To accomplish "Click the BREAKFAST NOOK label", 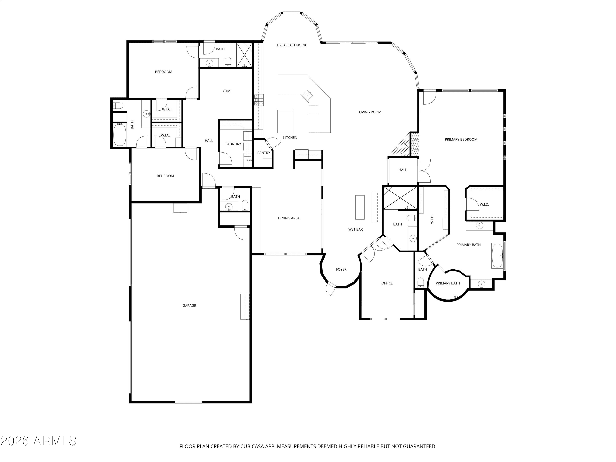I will click(292, 45).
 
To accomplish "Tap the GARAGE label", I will click(189, 306).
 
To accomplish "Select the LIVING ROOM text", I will click(370, 112).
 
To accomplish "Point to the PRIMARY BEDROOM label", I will click(461, 139).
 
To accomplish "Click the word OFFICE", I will click(387, 283).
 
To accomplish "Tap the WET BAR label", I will click(355, 230).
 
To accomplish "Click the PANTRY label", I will click(263, 153).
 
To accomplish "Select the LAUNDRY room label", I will click(233, 144).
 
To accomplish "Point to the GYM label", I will click(226, 91).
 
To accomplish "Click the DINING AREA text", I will click(288, 218).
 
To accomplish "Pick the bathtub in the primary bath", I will click(497, 255).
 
